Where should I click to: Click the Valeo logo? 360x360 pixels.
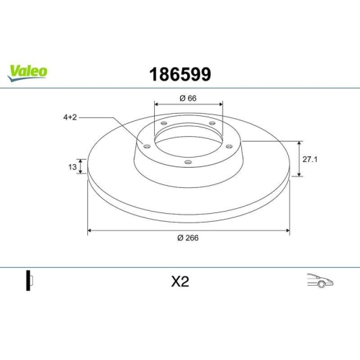28,71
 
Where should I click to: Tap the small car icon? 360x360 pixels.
318,281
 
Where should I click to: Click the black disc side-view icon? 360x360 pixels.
29,281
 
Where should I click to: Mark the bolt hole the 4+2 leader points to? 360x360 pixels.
147,147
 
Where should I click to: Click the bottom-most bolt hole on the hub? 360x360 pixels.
188,162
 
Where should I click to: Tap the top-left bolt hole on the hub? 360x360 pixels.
164,124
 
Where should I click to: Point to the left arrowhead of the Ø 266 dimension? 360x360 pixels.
90,230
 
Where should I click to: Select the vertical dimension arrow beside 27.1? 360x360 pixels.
299,158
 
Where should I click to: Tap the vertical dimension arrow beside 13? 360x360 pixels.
81,166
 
